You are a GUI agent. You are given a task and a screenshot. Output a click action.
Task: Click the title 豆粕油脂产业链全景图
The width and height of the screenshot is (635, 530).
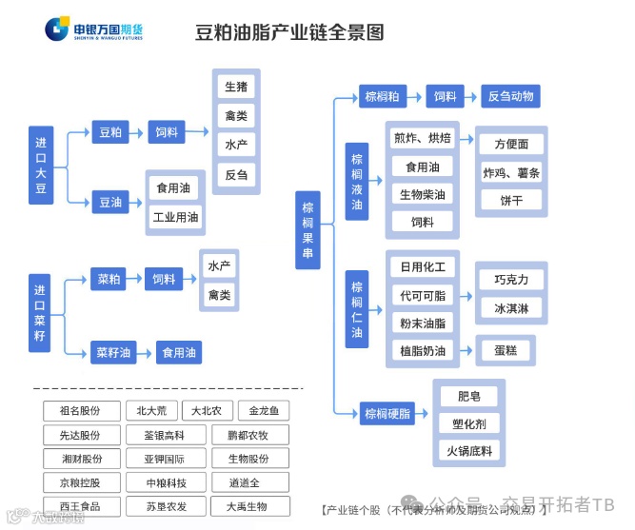(289, 32)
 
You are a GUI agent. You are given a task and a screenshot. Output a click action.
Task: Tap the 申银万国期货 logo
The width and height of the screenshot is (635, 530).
(93, 29)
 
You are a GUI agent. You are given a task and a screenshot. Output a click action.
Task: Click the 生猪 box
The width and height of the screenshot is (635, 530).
(236, 87)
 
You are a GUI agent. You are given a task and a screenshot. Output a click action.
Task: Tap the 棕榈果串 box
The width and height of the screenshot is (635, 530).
(308, 228)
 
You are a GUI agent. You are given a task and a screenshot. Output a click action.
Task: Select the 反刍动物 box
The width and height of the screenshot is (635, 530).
(511, 96)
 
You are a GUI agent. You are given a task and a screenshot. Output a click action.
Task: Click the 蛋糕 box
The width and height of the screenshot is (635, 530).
(506, 350)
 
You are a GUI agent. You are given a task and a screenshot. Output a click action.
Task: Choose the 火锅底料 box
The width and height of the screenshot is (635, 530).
(469, 449)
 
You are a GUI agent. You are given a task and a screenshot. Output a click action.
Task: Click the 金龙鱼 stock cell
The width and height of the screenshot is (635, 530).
(264, 411)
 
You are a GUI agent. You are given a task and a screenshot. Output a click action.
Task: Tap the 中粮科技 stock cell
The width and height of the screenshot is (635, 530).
(166, 482)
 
